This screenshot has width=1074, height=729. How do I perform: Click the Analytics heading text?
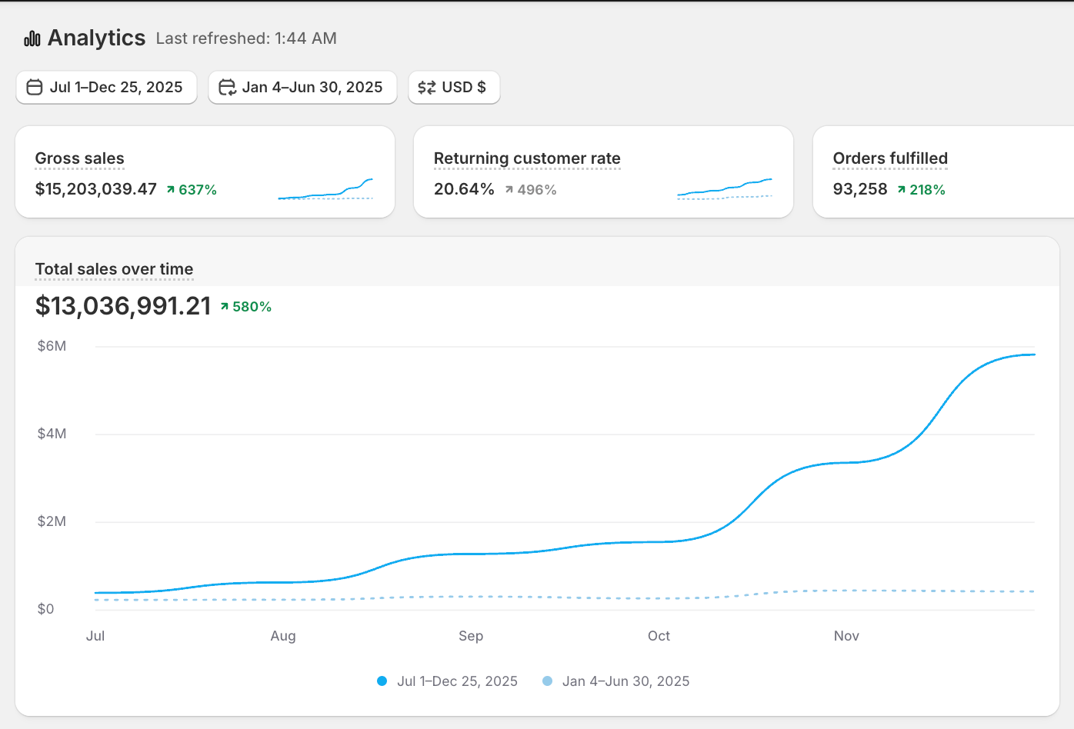(x=96, y=38)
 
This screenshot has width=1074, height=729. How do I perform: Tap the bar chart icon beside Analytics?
(x=32, y=38)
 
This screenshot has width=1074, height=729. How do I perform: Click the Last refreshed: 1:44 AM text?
(x=246, y=38)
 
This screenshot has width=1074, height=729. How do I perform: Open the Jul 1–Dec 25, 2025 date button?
(x=106, y=87)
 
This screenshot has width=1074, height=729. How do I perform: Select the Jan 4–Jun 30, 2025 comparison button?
(x=302, y=87)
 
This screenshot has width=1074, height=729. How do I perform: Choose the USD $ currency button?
(x=454, y=87)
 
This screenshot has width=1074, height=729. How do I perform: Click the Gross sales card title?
(x=79, y=158)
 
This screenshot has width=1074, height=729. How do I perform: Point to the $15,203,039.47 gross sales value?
(x=96, y=189)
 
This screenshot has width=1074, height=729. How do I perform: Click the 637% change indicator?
(x=192, y=190)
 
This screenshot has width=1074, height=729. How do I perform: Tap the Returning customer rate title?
(x=527, y=158)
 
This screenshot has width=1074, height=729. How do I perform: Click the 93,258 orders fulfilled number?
(x=860, y=189)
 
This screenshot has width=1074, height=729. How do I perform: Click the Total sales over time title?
(x=114, y=269)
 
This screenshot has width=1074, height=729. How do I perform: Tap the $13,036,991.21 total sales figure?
(x=123, y=306)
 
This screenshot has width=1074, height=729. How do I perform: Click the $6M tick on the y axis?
(x=52, y=346)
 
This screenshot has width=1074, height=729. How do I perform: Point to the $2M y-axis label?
(x=52, y=521)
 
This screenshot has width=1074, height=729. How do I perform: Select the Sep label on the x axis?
(x=471, y=636)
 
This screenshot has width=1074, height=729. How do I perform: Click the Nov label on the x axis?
(x=846, y=636)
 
